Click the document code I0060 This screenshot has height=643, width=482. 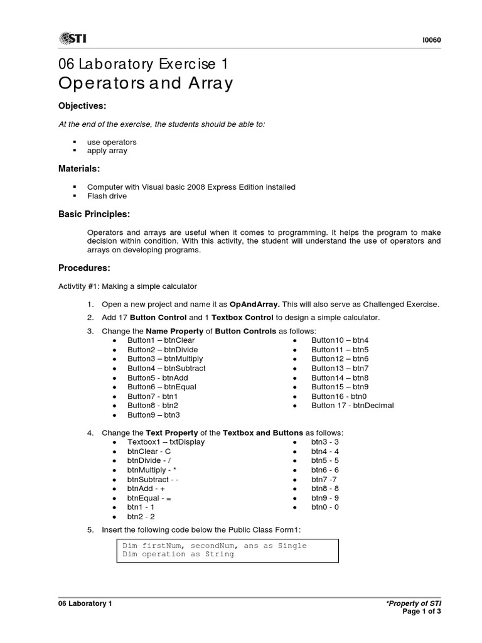(x=432, y=40)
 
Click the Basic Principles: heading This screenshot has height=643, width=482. (x=94, y=214)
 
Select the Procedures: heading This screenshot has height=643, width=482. (x=84, y=268)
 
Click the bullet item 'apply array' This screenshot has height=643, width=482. (x=107, y=151)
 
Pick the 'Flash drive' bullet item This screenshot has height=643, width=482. (x=107, y=196)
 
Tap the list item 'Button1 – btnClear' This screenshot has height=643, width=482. (x=161, y=340)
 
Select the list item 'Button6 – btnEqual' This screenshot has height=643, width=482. (x=161, y=387)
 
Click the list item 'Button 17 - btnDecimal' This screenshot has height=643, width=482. (x=353, y=406)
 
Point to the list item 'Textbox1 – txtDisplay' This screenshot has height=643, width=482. (x=166, y=442)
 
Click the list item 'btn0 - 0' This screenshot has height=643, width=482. (x=325, y=507)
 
